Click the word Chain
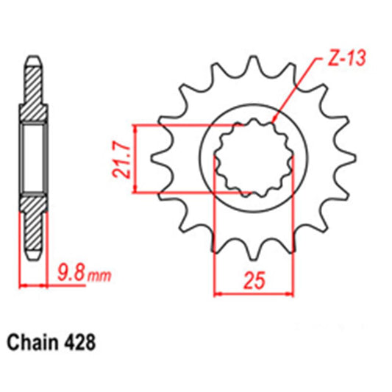point(35,342)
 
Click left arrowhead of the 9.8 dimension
point(23,286)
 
